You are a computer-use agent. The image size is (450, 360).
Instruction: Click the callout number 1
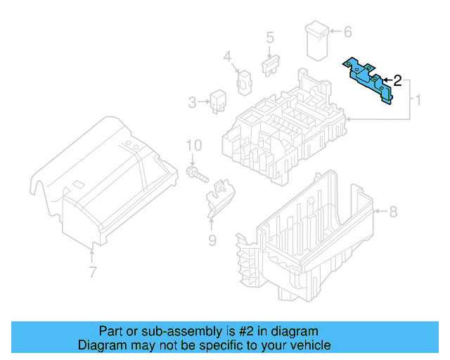[418, 101]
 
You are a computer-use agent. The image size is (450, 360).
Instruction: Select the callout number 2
[397, 81]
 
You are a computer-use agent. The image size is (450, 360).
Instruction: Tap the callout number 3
[193, 103]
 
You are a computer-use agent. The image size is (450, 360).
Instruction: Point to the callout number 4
[227, 56]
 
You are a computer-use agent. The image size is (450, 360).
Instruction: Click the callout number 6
[347, 32]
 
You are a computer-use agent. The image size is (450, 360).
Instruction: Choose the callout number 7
[92, 271]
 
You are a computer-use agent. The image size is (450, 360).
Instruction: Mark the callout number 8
[393, 211]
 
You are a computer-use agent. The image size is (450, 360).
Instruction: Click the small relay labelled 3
[217, 101]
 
